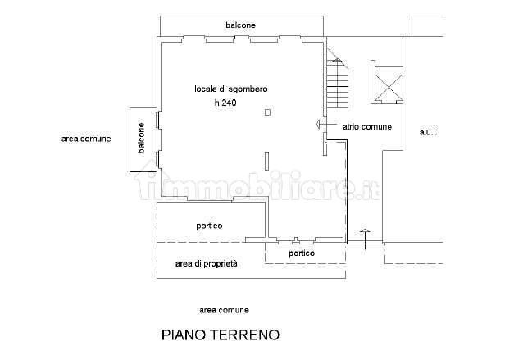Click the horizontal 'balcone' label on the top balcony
point(241,25)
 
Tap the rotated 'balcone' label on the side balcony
point(142,139)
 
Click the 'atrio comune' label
point(366,127)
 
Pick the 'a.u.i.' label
point(428,132)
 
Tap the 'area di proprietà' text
point(206,263)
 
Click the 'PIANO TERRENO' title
point(221,335)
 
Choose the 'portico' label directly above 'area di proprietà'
point(209,226)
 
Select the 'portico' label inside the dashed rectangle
point(302,253)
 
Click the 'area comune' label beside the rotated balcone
point(85,139)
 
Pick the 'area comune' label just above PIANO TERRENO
point(224,310)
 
